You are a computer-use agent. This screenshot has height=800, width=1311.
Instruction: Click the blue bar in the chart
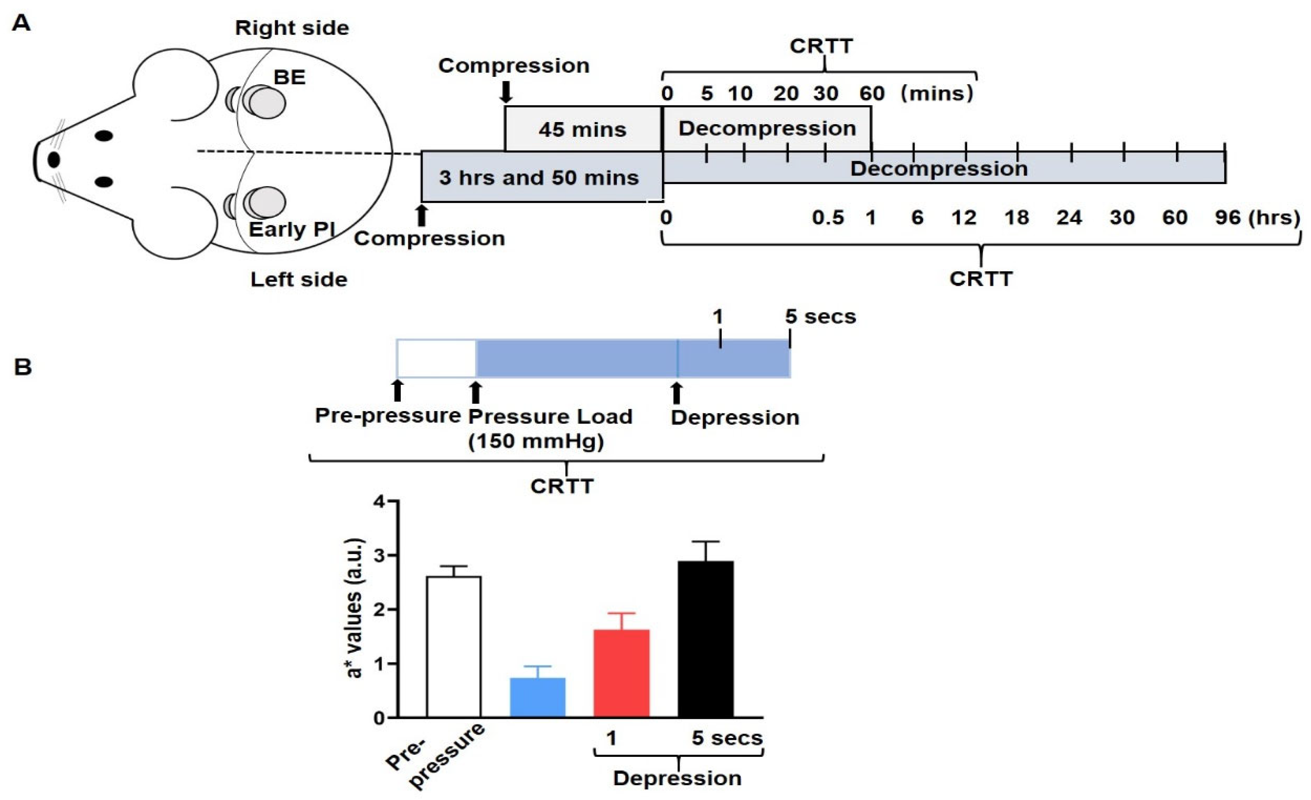538,697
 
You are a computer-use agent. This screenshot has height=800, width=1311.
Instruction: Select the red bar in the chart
621,673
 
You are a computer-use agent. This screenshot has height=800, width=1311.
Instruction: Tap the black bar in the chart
706,639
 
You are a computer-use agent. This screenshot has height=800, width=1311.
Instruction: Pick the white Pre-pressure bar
454,647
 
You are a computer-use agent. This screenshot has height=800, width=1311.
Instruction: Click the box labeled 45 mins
583,129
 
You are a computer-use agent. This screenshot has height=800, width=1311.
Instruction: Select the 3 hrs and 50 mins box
539,177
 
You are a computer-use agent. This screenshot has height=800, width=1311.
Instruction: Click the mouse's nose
54,160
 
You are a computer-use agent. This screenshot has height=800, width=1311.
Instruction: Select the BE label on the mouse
289,78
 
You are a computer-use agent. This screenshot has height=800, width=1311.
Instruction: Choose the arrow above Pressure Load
475,393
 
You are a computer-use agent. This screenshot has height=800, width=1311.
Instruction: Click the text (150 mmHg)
536,441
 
